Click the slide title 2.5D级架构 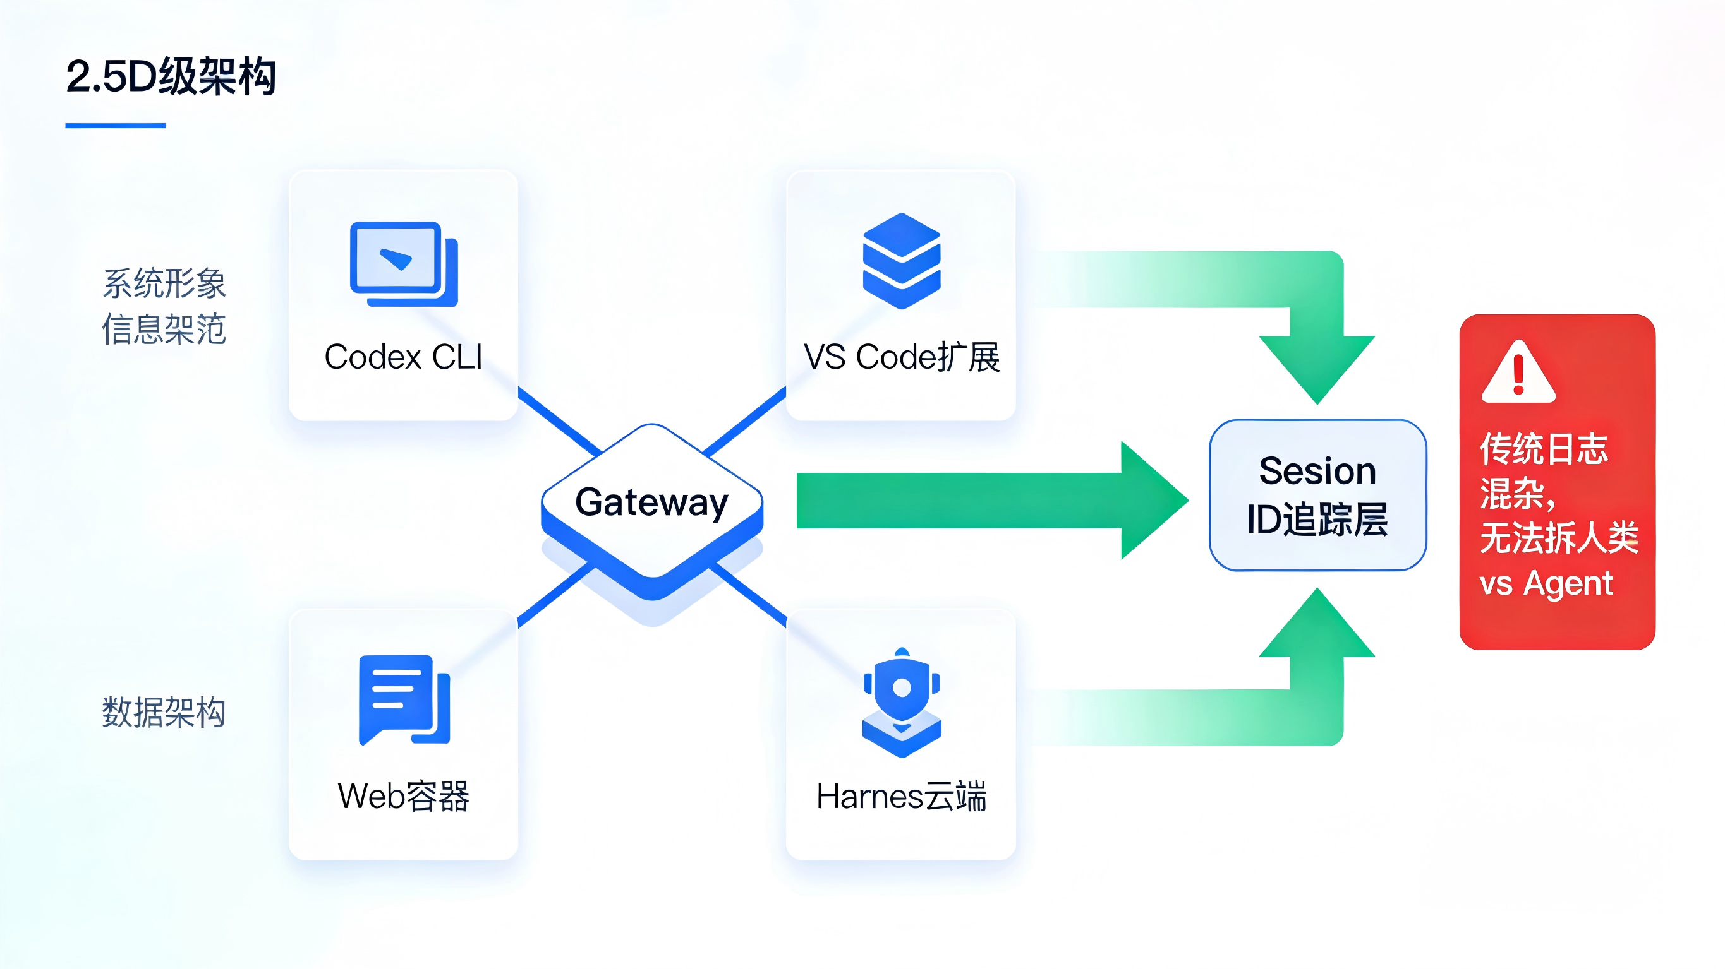tap(171, 76)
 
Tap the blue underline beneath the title tap(115, 125)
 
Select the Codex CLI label tap(403, 357)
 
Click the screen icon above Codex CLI tap(403, 264)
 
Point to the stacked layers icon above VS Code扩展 tap(901, 260)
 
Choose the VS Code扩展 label tap(901, 357)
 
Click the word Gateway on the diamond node tap(651, 502)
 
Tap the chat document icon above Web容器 tap(404, 699)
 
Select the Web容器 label tap(403, 796)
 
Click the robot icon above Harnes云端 tap(901, 703)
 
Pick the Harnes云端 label tap(901, 796)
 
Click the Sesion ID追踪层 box tap(1317, 495)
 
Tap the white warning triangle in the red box tap(1518, 374)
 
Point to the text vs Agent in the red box tap(1546, 583)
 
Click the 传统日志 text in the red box tap(1544, 448)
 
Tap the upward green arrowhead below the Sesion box tap(1317, 626)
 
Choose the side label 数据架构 tap(164, 712)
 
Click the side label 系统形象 tap(164, 283)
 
